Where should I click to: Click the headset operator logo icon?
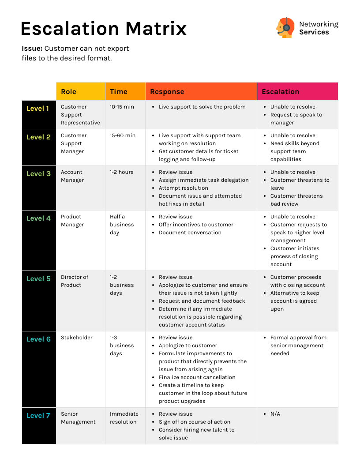click(285, 28)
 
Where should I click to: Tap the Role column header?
click(68, 92)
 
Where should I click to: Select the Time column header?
click(118, 92)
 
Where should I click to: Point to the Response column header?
click(167, 92)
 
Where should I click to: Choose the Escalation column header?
click(280, 92)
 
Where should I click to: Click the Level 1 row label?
click(38, 109)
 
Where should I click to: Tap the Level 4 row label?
click(38, 218)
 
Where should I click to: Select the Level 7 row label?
click(38, 416)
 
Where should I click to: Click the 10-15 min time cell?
click(122, 107)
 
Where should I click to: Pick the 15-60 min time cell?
click(123, 135)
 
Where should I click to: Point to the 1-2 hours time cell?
click(121, 172)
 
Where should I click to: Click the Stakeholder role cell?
click(77, 338)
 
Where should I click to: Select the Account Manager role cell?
click(72, 176)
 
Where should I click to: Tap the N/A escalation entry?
click(275, 414)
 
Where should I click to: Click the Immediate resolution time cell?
click(124, 418)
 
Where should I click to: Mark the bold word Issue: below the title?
click(32, 49)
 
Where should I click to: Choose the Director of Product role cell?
click(75, 281)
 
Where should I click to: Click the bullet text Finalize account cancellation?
click(197, 377)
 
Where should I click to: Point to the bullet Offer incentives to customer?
click(196, 225)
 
